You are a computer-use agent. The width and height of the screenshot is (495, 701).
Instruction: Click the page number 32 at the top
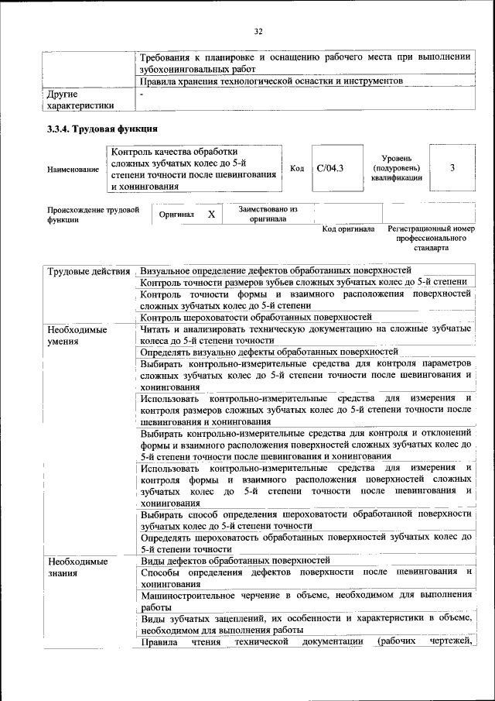click(258, 32)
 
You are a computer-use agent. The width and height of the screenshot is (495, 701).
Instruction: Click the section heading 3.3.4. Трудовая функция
click(103, 129)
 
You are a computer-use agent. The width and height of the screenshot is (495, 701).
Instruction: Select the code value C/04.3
click(329, 168)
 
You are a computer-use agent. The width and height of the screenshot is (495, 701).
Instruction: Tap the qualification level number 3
click(452, 167)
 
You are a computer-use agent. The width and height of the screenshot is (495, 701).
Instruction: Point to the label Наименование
click(73, 169)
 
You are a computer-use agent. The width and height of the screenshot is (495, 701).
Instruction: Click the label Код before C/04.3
click(297, 168)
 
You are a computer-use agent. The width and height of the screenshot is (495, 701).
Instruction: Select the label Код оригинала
click(348, 229)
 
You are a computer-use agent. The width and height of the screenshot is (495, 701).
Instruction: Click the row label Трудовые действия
click(88, 271)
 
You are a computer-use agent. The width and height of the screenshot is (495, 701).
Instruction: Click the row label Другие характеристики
click(80, 100)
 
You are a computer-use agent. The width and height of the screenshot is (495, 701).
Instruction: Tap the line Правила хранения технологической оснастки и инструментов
click(271, 81)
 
